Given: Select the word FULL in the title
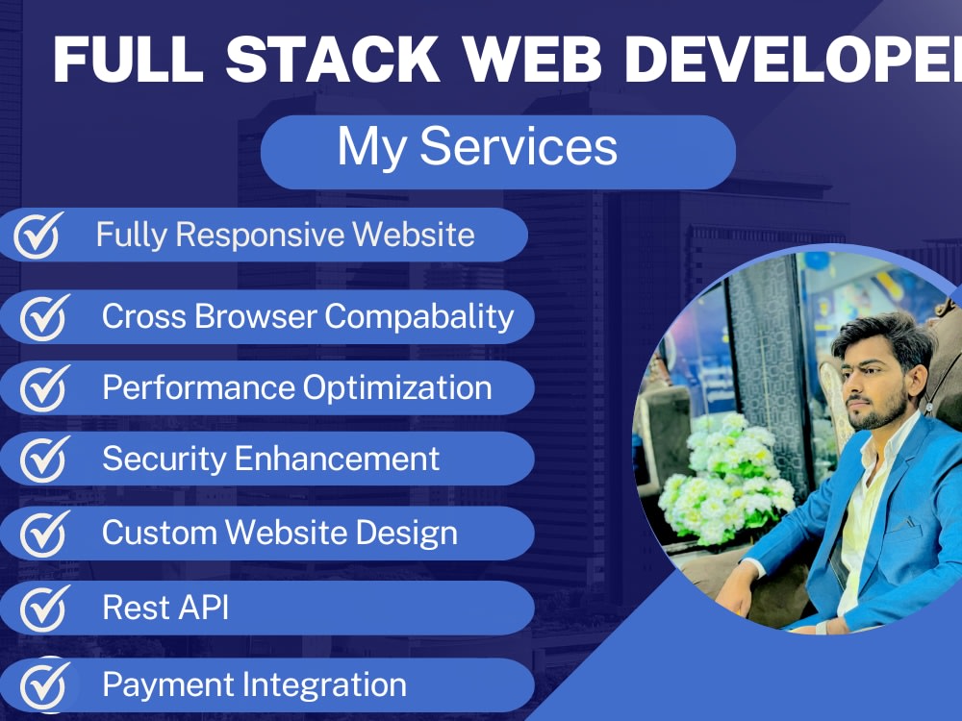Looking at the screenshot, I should point(129,61).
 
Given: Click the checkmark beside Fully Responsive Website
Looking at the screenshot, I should point(38,236).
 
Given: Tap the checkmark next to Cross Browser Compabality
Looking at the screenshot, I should point(44,316).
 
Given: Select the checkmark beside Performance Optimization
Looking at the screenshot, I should point(44,388).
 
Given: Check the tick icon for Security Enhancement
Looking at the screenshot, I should point(44,460).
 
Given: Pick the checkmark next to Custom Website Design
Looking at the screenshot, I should point(44,533).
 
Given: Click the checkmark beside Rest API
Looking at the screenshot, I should point(44,608).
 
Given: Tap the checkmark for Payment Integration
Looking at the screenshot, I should point(44,684).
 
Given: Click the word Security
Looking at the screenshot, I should point(164,460).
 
